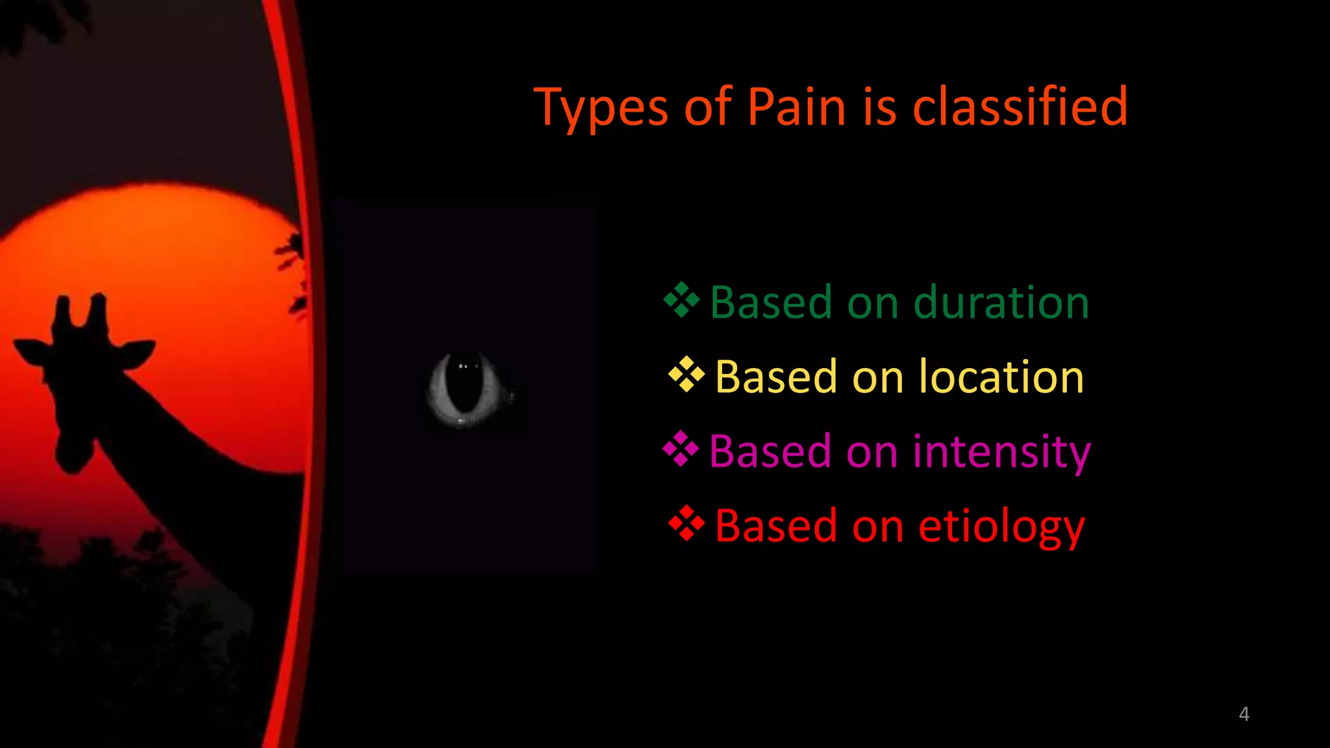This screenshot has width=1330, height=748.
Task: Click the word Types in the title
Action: (x=601, y=108)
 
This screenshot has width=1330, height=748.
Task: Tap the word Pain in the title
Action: (x=796, y=106)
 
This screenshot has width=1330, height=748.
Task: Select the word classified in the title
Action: (x=1020, y=106)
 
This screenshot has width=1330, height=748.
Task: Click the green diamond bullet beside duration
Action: (x=681, y=300)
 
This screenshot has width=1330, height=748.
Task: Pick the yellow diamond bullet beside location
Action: (x=686, y=375)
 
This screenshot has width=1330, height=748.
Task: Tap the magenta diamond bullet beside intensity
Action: (x=681, y=449)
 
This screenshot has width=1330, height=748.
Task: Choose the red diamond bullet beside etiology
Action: (x=686, y=523)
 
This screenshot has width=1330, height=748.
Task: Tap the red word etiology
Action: (x=1001, y=526)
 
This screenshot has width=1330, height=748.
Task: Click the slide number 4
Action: (x=1244, y=714)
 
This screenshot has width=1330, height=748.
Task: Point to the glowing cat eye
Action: (x=465, y=390)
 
